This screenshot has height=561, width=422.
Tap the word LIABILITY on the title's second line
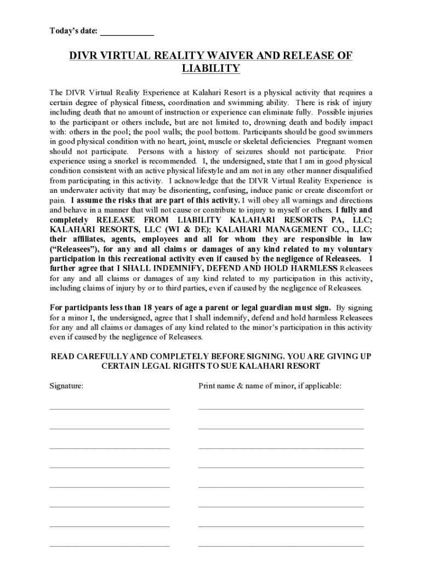(210, 68)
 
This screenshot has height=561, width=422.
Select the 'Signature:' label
(66, 386)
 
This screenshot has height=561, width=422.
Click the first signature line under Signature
(109, 408)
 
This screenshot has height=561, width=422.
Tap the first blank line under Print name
(281, 408)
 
